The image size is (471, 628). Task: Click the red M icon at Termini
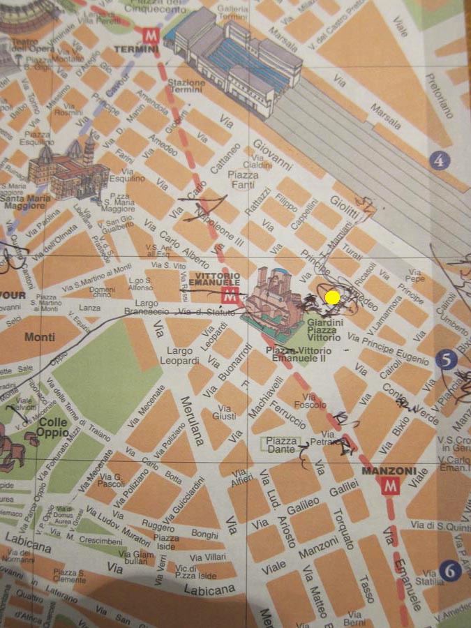pos(149,35)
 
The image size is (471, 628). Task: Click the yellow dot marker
pos(333,298)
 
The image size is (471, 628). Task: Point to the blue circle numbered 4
pos(440,161)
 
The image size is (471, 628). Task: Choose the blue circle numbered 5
pos(444,359)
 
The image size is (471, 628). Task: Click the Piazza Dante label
pos(281,445)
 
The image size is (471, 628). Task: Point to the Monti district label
pos(39,338)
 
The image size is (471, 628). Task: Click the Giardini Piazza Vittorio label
pos(322,330)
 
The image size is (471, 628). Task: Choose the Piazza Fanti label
pos(243,179)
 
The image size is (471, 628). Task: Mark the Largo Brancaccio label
pos(147,308)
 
